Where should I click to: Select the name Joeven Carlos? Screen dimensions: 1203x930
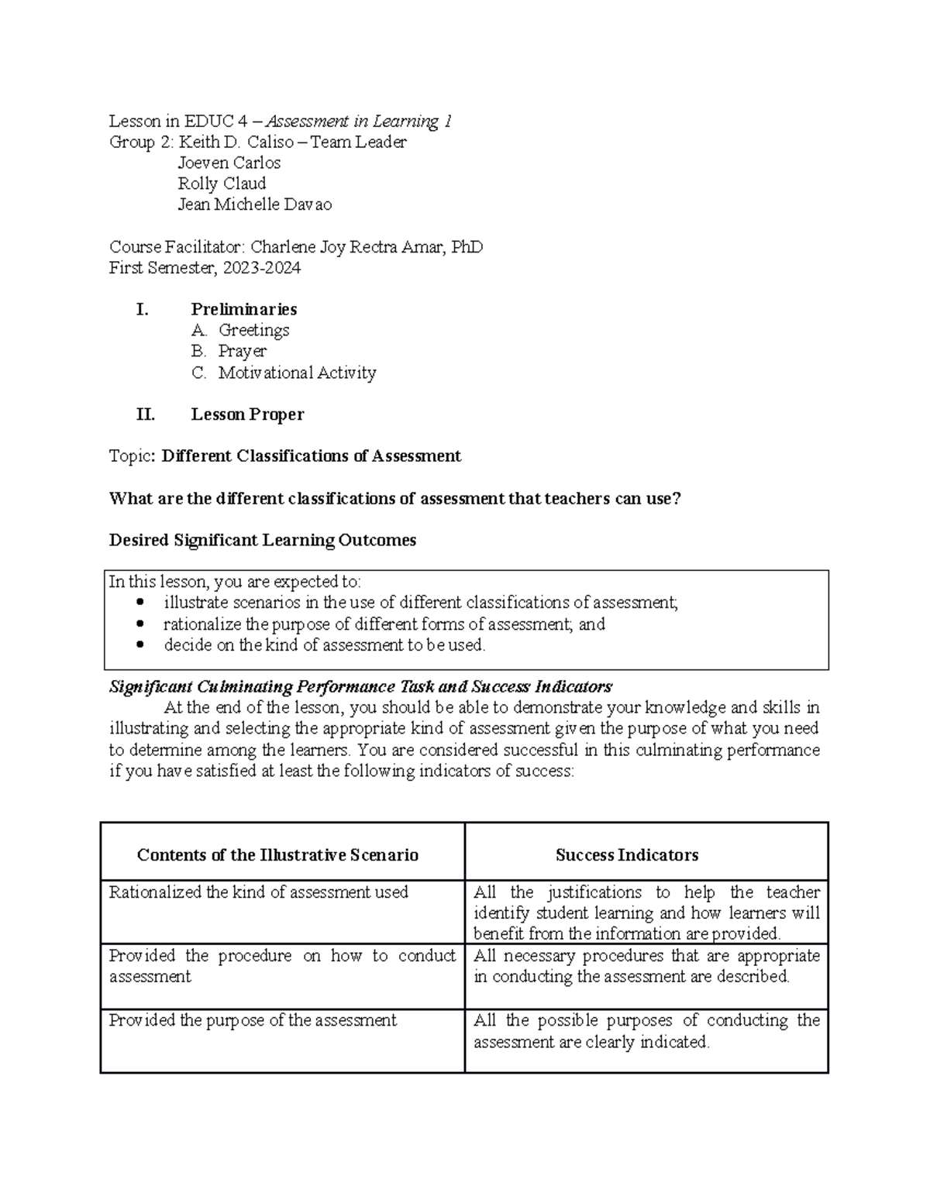click(229, 163)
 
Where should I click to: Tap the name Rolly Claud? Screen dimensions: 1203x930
click(222, 184)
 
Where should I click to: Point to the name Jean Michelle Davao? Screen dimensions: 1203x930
click(254, 205)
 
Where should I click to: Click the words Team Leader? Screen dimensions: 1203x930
click(358, 143)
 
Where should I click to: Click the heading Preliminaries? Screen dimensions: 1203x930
click(243, 310)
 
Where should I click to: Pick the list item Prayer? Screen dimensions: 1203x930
click(242, 352)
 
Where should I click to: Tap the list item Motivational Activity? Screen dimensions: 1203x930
click(297, 373)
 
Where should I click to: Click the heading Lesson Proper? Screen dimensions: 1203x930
click(247, 415)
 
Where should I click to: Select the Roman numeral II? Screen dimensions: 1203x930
click(145, 415)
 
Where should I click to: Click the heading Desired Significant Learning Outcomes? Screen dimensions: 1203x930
click(263, 541)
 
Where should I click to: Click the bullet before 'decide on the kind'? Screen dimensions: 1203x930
click(140, 645)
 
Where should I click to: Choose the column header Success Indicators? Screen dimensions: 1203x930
click(626, 855)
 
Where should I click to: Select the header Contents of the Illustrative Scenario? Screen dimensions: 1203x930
click(277, 855)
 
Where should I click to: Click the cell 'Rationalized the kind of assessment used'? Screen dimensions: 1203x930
click(258, 892)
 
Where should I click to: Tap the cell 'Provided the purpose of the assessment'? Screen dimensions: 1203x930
click(253, 1021)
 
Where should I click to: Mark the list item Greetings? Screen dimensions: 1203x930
click(253, 331)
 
